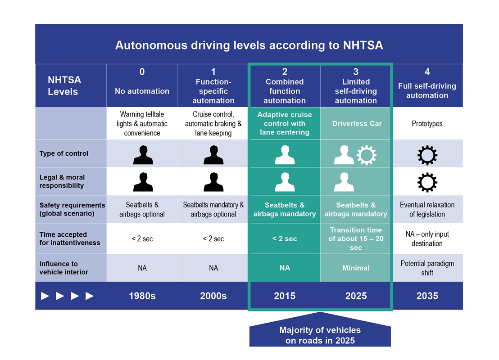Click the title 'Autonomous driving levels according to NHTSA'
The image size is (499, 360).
[x=249, y=45]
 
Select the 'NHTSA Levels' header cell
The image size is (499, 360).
[x=64, y=86]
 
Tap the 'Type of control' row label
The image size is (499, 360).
[x=64, y=153]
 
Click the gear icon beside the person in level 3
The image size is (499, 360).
[x=366, y=155]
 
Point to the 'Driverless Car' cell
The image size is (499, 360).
[x=356, y=123]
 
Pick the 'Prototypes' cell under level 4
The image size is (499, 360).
[x=427, y=123]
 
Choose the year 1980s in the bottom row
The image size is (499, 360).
[x=142, y=296]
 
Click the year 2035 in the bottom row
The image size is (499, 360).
[x=427, y=296]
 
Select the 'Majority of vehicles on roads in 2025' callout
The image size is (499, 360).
[x=320, y=335]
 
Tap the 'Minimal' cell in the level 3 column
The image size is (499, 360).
[x=356, y=268]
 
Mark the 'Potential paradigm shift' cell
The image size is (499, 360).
[x=427, y=268]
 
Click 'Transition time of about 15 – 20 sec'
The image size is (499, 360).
[x=356, y=238]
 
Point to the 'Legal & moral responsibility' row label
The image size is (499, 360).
[x=62, y=181]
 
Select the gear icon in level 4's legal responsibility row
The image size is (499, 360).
[x=427, y=182]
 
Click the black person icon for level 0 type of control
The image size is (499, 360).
[x=143, y=155]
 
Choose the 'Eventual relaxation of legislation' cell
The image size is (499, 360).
[x=427, y=209]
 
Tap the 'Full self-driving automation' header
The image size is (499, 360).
[x=427, y=90]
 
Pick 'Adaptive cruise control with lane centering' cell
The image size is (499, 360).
[x=285, y=123]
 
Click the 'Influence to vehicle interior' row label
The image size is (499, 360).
[x=64, y=268]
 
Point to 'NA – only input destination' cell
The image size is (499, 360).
[x=427, y=238]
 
